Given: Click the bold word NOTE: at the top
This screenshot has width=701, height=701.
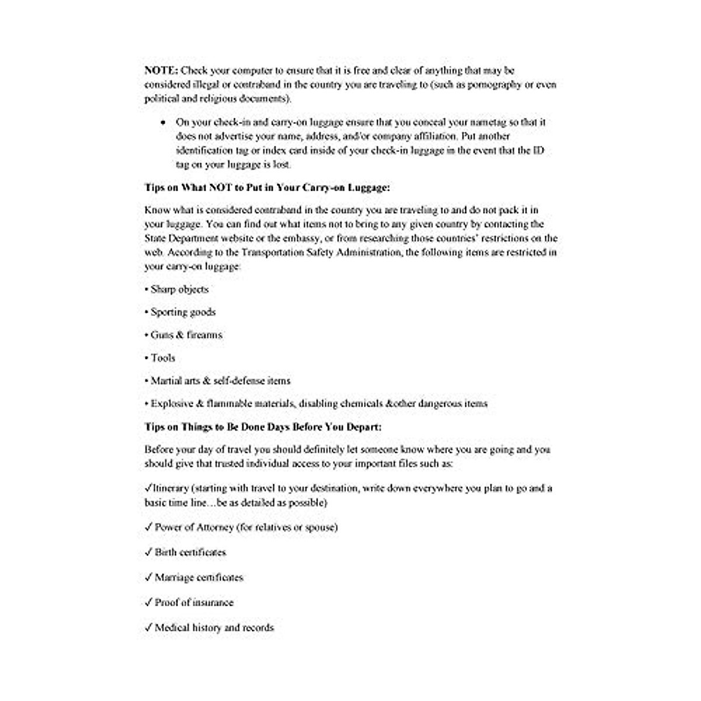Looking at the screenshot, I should tap(161, 71).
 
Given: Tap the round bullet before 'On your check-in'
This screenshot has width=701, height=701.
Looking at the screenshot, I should tap(162, 123).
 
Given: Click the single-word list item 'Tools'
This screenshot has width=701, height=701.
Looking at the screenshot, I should tap(162, 358).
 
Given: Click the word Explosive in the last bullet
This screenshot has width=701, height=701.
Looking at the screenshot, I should tap(171, 404).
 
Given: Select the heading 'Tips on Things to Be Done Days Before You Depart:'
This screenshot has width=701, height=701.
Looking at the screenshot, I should tap(263, 427).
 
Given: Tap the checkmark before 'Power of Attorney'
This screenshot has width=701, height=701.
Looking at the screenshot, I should tap(148, 527).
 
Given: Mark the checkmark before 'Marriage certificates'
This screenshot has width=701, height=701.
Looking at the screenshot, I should tap(148, 577).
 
